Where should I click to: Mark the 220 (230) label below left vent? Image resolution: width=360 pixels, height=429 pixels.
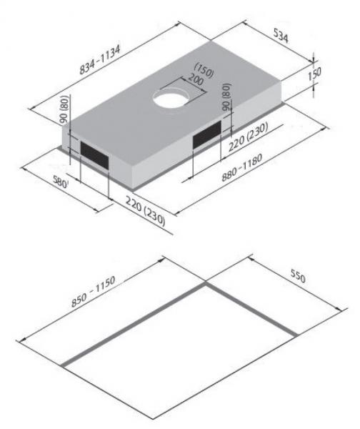tap(143, 209)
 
